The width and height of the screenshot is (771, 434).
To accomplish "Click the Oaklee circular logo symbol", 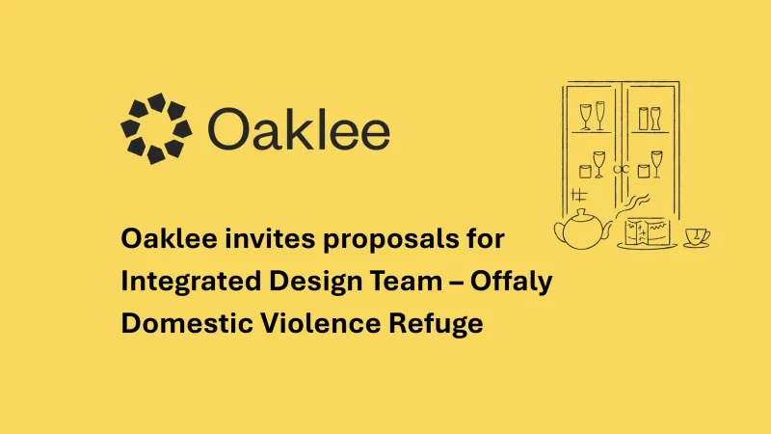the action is tap(156, 128).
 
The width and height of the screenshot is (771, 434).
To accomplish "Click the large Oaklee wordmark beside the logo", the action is tap(299, 129).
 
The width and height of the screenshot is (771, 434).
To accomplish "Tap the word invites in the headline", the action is tap(270, 238).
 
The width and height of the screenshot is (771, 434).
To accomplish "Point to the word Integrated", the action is tap(191, 282).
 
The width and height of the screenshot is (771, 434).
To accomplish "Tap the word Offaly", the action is tap(512, 282).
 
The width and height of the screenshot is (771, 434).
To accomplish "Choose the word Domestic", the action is tap(187, 324).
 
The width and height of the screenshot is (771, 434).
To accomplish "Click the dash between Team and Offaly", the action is tap(456, 283).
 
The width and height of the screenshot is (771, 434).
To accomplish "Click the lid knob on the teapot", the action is tap(582, 212).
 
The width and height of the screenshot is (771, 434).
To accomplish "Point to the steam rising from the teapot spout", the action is tap(634, 204).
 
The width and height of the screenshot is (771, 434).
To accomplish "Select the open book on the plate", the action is tap(646, 231).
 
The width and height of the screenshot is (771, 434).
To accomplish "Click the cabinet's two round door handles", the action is tap(621, 170).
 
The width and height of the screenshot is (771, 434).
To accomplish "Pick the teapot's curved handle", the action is tap(559, 232).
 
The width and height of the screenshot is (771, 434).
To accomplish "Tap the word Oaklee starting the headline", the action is tap(170, 238).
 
